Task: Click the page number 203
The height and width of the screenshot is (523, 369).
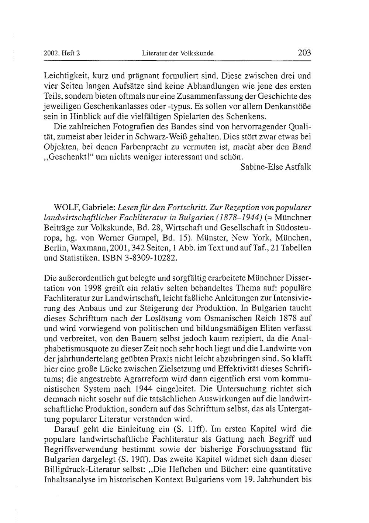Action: coord(304,53)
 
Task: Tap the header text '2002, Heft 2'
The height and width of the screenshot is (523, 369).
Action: coord(62,53)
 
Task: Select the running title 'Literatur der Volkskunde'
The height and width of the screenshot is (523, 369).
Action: coord(177,53)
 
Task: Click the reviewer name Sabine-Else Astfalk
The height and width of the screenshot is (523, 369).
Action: coord(276,167)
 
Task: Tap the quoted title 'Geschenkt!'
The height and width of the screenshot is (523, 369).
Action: coord(69,156)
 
